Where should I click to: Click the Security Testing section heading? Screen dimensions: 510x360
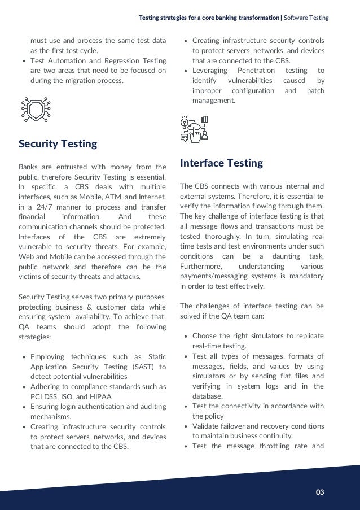(58, 144)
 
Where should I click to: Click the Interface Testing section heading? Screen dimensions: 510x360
(221, 163)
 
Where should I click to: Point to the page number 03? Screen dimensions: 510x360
(320, 492)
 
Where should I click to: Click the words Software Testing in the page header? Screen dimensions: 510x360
(306, 18)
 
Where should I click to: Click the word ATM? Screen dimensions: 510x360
(120, 197)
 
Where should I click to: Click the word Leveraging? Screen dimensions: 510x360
(210, 71)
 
